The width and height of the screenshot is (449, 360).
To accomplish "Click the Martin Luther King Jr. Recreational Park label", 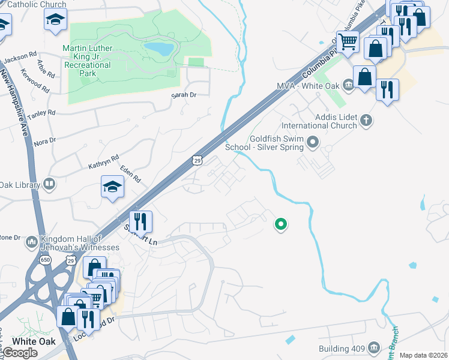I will [x=88, y=61].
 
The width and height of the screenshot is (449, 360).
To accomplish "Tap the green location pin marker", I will [x=280, y=224].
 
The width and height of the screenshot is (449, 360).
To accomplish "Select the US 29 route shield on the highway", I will [x=197, y=160].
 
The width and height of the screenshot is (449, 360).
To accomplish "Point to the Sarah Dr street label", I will [x=184, y=95].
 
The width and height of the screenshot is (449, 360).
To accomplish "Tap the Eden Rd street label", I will [x=130, y=174].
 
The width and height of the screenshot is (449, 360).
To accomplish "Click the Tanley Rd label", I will [x=43, y=112].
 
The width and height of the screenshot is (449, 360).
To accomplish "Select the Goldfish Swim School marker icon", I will [x=312, y=142].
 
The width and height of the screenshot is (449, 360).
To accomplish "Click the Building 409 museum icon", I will [x=374, y=348].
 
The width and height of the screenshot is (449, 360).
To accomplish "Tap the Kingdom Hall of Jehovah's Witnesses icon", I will [x=31, y=243].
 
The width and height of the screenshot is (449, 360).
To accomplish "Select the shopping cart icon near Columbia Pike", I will [x=348, y=41].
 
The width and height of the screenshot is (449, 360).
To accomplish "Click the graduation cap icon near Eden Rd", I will [x=112, y=187].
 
